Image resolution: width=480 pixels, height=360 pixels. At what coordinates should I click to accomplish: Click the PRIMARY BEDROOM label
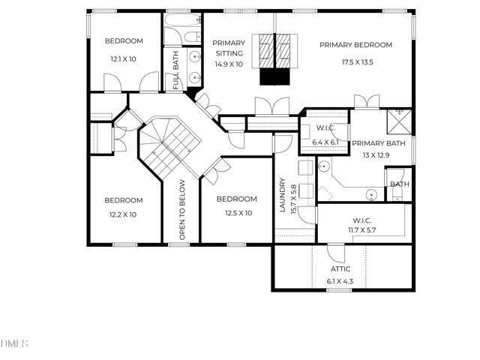(x=366, y=45)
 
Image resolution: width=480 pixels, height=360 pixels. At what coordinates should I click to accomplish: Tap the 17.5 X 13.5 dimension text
(x=366, y=63)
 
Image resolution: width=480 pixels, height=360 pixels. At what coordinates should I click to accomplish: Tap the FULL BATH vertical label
(x=175, y=70)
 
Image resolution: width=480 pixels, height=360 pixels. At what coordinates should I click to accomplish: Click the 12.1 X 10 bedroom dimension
(x=124, y=58)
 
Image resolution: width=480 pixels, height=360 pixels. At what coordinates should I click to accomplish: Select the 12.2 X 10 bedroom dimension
(x=123, y=214)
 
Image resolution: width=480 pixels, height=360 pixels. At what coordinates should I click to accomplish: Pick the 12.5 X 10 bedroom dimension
(x=236, y=213)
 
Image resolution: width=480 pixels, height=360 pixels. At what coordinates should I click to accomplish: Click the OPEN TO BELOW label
(x=181, y=211)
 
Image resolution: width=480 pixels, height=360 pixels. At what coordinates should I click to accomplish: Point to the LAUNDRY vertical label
(x=283, y=195)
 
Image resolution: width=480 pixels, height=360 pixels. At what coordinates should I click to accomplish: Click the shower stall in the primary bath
(x=399, y=121)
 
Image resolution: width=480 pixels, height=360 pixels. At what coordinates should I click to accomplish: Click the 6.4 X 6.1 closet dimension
(x=325, y=142)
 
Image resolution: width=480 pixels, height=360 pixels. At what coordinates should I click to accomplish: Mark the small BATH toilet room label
(x=399, y=184)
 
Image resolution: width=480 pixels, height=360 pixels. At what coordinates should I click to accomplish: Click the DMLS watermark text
(x=13, y=343)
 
